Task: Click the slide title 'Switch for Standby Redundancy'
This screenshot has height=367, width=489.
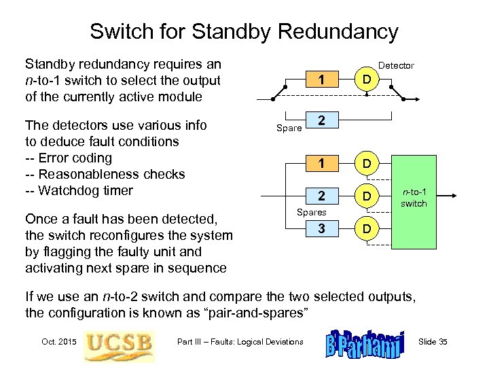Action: coord(244,31)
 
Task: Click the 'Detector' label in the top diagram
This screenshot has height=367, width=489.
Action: coord(395,66)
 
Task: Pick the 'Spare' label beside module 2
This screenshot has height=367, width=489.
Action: coord(288,127)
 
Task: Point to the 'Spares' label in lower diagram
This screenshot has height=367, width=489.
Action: coord(312,213)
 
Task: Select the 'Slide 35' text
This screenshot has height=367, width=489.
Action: coord(433,341)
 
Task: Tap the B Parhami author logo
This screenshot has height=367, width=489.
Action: coord(365,343)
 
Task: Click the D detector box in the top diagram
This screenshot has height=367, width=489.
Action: coord(366,81)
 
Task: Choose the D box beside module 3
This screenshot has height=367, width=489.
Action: coord(366,228)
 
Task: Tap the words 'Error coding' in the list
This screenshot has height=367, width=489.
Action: coord(75,158)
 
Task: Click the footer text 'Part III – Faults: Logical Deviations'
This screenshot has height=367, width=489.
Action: coord(240,341)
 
